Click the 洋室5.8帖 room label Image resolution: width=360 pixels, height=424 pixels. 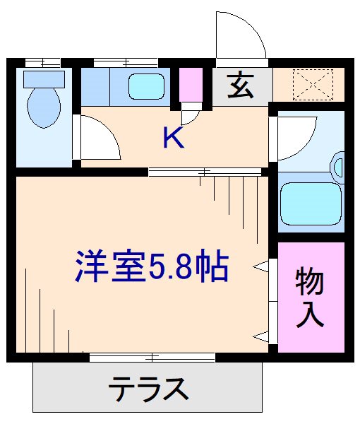(152, 267)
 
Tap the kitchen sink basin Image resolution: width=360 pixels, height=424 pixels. (146, 88)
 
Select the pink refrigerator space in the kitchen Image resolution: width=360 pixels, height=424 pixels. (189, 86)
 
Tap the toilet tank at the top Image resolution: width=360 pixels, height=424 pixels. (44, 78)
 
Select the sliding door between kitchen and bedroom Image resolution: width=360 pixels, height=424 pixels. (205, 171)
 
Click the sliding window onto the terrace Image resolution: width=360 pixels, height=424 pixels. (152, 358)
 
